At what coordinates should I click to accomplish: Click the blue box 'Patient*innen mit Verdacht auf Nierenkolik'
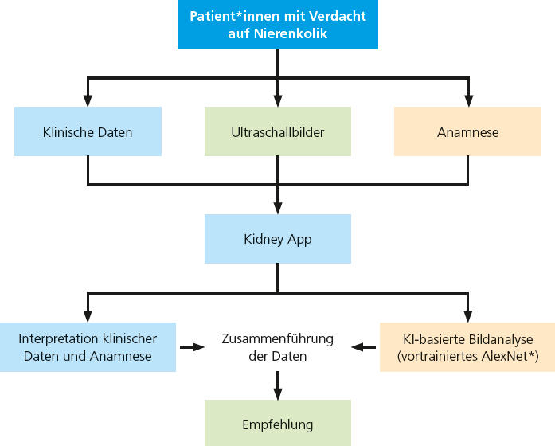tap(277, 25)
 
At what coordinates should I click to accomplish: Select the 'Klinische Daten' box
tap(88, 131)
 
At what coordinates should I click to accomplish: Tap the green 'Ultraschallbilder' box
tap(277, 131)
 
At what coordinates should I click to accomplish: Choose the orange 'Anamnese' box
tap(467, 131)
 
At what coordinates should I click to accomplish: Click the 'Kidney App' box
tap(277, 239)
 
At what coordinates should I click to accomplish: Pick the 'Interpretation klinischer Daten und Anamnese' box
tap(88, 347)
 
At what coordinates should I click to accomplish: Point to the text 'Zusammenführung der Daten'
tap(277, 347)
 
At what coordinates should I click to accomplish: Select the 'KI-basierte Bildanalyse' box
tap(467, 347)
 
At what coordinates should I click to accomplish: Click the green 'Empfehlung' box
tap(277, 424)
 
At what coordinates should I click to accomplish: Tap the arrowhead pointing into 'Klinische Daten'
tap(88, 100)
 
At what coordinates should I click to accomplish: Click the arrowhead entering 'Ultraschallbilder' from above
tap(277, 100)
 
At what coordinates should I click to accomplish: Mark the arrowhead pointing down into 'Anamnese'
tap(467, 100)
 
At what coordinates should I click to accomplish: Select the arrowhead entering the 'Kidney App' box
tap(277, 208)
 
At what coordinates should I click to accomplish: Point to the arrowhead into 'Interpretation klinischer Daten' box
tap(88, 315)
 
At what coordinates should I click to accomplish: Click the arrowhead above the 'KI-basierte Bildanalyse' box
tap(467, 315)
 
